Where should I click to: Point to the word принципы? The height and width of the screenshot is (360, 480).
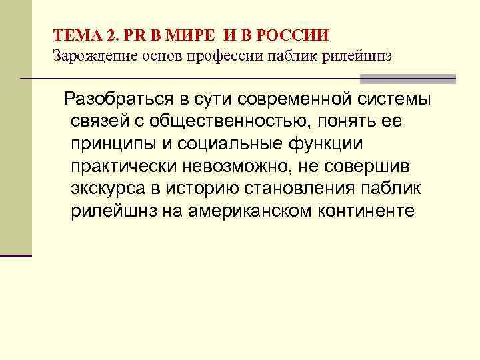click(x=111, y=145)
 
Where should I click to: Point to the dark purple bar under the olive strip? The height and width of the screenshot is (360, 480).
click(x=16, y=255)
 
